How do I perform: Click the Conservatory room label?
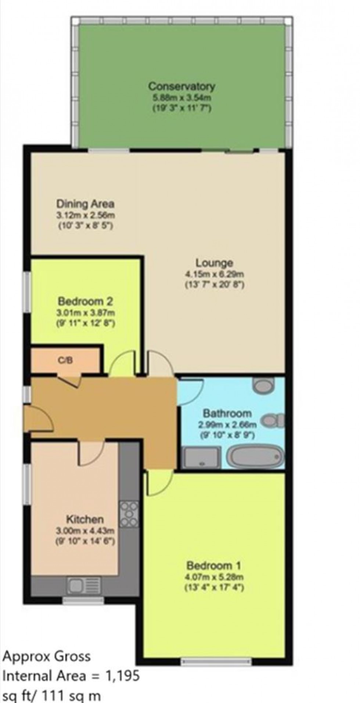click(181, 87)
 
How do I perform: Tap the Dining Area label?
click(85, 204)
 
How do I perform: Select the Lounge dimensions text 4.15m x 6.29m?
click(215, 274)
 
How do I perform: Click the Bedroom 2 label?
click(85, 302)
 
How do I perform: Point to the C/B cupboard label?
click(66, 361)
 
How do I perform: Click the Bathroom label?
click(227, 413)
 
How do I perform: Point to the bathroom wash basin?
click(264, 385)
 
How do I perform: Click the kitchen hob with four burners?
click(129, 514)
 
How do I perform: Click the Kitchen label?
click(85, 520)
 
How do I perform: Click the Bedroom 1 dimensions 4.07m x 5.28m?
click(215, 577)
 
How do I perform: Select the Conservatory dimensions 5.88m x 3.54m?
click(181, 98)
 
